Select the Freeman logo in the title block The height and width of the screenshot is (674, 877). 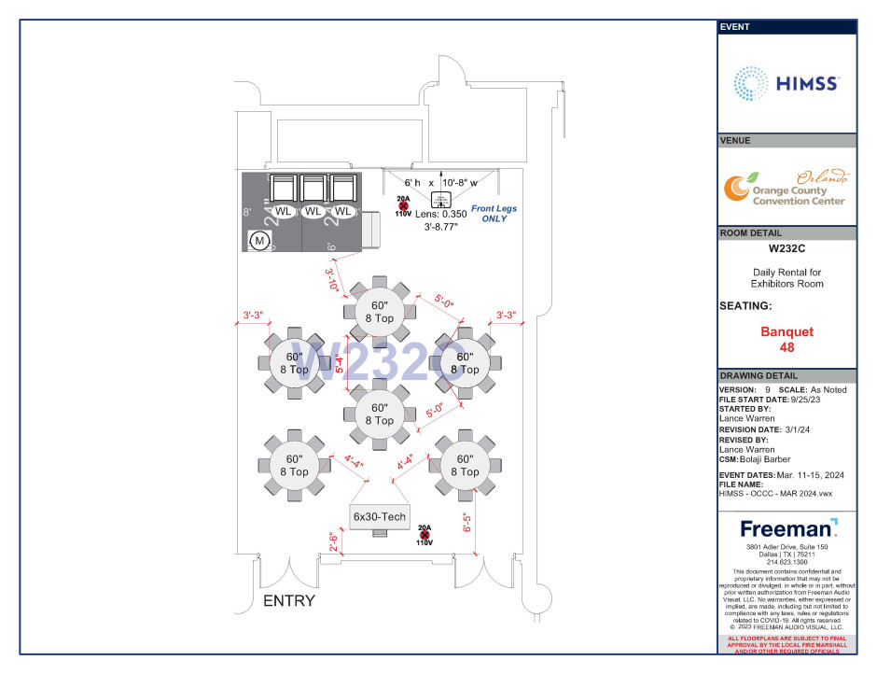(x=787, y=528)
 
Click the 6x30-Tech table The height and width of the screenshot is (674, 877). (x=380, y=516)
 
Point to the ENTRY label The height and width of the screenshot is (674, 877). (x=288, y=600)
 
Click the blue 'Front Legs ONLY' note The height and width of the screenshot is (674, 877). (x=494, y=213)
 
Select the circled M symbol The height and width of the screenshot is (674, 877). (x=259, y=241)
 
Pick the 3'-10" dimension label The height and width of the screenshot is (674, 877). (x=331, y=279)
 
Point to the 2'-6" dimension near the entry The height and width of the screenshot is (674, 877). (x=332, y=541)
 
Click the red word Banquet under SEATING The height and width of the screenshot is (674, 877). (x=787, y=331)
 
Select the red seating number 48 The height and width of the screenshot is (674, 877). (x=787, y=346)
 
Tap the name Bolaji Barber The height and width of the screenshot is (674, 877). (x=769, y=459)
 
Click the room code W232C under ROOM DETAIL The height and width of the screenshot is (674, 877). (x=787, y=249)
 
